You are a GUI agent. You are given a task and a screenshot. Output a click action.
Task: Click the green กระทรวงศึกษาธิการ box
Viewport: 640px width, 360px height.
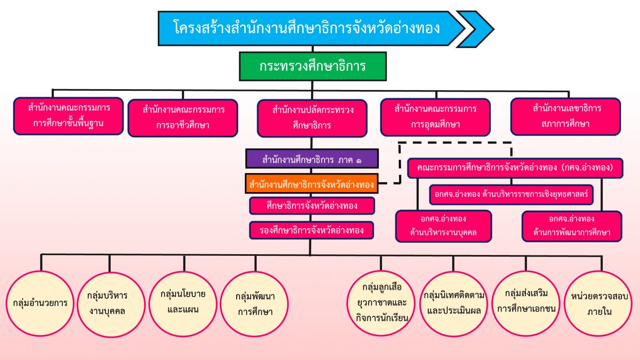pyautogui.click(x=312, y=66)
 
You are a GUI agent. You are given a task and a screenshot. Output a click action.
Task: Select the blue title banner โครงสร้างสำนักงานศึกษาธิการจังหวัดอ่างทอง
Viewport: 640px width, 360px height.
pyautogui.click(x=306, y=28)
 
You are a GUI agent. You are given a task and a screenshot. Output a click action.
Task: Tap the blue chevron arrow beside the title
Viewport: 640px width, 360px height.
pyautogui.click(x=477, y=29)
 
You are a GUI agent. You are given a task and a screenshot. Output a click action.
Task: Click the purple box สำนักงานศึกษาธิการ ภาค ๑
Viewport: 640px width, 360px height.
pyautogui.click(x=312, y=159)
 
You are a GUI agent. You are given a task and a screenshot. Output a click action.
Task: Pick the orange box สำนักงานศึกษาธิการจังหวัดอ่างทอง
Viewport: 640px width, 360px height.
pyautogui.click(x=311, y=184)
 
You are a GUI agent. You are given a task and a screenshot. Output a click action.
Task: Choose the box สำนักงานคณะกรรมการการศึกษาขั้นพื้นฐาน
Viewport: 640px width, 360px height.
pyautogui.click(x=68, y=116)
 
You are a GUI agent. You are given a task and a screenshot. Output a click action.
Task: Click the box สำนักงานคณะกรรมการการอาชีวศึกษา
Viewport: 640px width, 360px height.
pyautogui.click(x=183, y=118)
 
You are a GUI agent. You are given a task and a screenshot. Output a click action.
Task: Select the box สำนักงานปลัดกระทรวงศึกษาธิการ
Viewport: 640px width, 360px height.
pyautogui.click(x=312, y=118)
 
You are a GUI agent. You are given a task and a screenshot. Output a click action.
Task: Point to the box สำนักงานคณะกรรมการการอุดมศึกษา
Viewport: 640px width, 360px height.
pyautogui.click(x=435, y=117)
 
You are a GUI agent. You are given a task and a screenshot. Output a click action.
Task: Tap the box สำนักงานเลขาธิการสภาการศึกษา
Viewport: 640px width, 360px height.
pyautogui.click(x=565, y=116)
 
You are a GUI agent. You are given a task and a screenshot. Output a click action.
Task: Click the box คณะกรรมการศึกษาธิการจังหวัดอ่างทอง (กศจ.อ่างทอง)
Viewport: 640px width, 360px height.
pyautogui.click(x=515, y=168)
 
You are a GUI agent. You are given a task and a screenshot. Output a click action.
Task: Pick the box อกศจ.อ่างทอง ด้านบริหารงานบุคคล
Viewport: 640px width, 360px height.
pyautogui.click(x=443, y=226)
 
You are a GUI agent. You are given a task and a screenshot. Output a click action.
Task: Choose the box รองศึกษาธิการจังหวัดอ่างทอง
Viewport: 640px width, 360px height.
pyautogui.click(x=311, y=230)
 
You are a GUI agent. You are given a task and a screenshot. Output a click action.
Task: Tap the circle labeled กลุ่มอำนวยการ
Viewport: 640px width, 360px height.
pyautogui.click(x=40, y=303)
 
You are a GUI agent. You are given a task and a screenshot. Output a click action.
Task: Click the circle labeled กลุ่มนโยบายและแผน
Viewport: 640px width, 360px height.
pyautogui.click(x=183, y=302)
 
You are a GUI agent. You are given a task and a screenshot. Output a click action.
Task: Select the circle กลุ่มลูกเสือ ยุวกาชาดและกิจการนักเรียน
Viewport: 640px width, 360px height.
pyautogui.click(x=381, y=302)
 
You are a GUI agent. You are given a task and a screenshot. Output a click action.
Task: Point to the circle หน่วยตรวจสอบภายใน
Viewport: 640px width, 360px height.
pyautogui.click(x=598, y=303)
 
